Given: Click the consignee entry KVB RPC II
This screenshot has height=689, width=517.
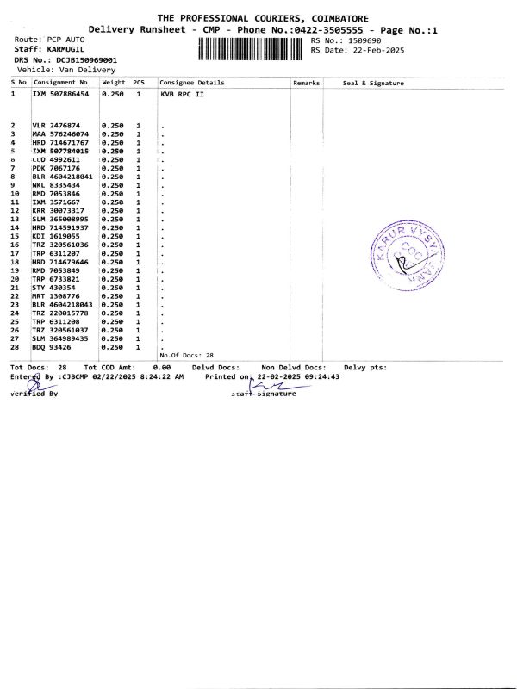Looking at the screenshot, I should [184, 93].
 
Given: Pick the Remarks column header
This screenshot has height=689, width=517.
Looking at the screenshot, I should [306, 83].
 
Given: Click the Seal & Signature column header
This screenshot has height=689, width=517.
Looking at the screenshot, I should [373, 83].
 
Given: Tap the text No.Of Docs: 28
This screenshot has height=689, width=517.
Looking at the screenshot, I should [186, 355].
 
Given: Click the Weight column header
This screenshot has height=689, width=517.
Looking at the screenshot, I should [114, 83].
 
